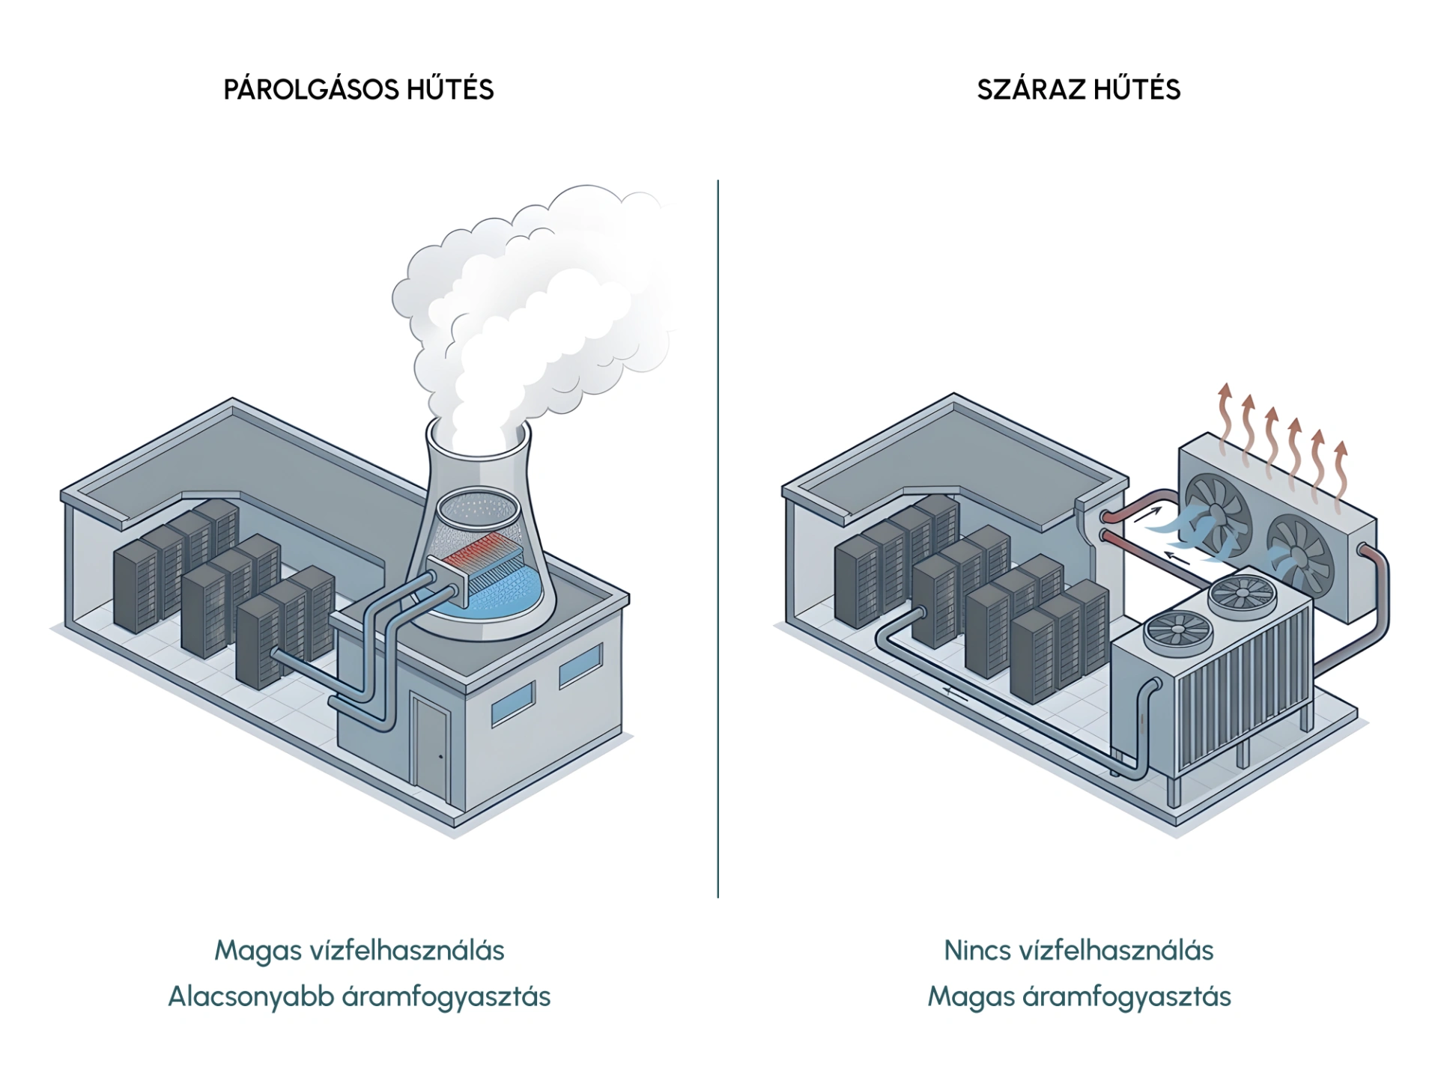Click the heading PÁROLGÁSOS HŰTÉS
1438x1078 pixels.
click(x=359, y=90)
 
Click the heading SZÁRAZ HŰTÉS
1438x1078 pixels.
click(x=1078, y=90)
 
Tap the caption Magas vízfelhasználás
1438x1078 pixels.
click(x=359, y=951)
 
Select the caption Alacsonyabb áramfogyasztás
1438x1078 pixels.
click(x=359, y=997)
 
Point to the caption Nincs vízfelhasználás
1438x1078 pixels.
click(x=1078, y=951)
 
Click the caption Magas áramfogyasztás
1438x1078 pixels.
click(x=1078, y=997)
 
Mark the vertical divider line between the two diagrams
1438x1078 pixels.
click(x=718, y=539)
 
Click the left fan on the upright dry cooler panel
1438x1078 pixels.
click(x=1216, y=517)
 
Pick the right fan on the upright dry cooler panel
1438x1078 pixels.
click(x=1300, y=554)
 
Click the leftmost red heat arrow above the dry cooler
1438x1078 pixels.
click(x=1225, y=419)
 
